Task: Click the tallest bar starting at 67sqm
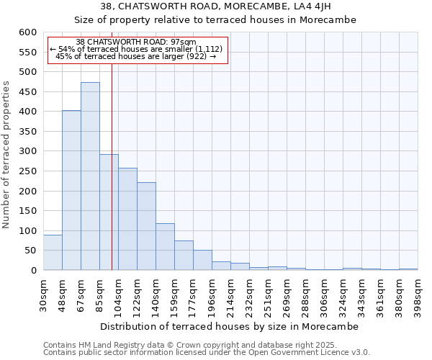90,176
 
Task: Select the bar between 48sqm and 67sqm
71,190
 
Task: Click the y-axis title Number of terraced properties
7,154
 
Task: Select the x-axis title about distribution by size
229,326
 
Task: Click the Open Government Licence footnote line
207,353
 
